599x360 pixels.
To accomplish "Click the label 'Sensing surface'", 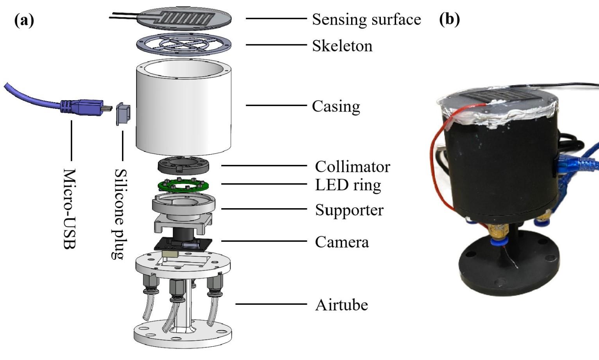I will pyautogui.click(x=366, y=20).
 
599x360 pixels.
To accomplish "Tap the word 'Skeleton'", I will pyautogui.click(x=342, y=46).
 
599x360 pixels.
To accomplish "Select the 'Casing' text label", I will pyautogui.click(x=336, y=106).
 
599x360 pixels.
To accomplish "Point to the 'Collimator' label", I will pyautogui.click(x=352, y=167).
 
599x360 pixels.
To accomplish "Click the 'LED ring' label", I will pyautogui.click(x=348, y=185).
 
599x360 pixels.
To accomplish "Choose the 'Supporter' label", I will pyautogui.click(x=350, y=210).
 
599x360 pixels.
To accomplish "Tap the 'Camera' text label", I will pyautogui.click(x=342, y=242).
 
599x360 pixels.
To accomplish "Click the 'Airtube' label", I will pyautogui.click(x=341, y=305).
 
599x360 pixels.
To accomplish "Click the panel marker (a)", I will pyautogui.click(x=24, y=20).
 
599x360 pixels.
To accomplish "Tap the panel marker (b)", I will pyautogui.click(x=449, y=19).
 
